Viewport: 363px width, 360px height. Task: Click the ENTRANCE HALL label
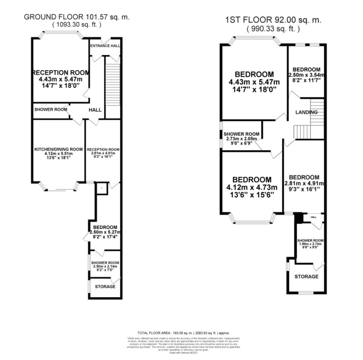(x=105, y=46)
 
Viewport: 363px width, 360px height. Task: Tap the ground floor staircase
(x=112, y=87)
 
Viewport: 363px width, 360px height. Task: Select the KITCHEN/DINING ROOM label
(x=59, y=149)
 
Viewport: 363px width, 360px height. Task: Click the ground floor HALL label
(x=95, y=110)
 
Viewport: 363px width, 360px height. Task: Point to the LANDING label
(x=306, y=112)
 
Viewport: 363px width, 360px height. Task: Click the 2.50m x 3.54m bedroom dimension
(x=306, y=75)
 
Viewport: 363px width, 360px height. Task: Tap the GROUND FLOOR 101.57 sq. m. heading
(x=77, y=17)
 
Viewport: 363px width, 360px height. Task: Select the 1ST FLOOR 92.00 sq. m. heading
(x=273, y=20)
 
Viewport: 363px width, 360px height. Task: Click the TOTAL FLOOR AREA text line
(x=183, y=333)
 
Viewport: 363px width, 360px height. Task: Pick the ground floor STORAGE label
(x=105, y=287)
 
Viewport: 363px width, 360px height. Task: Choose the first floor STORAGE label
(x=306, y=277)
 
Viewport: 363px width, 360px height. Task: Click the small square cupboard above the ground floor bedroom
(x=101, y=188)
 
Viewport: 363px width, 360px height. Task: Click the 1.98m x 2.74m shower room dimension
(x=310, y=244)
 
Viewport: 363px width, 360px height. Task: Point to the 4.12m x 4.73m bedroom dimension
(x=252, y=187)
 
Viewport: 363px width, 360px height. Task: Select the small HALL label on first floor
(x=313, y=217)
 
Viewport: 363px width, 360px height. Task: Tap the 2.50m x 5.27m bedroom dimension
(x=105, y=232)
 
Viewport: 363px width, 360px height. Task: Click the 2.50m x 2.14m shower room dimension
(x=105, y=266)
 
